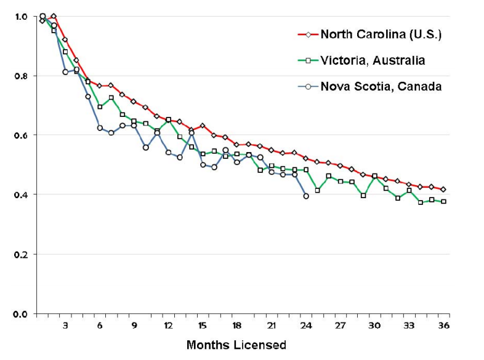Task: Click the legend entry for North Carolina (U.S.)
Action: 381,34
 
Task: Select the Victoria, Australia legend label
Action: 373,60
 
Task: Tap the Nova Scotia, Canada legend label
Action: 381,86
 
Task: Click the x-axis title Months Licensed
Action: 236,345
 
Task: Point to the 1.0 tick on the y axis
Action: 21,17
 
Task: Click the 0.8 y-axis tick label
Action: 21,76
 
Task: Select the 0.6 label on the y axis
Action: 21,135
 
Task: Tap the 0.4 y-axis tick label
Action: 21,195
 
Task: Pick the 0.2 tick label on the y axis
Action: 21,255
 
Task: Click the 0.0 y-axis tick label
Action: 21,314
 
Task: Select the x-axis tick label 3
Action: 65,325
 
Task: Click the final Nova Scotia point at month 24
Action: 306,196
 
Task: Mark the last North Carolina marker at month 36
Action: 443,190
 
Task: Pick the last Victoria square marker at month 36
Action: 443,202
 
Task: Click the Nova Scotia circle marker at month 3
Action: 65,72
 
